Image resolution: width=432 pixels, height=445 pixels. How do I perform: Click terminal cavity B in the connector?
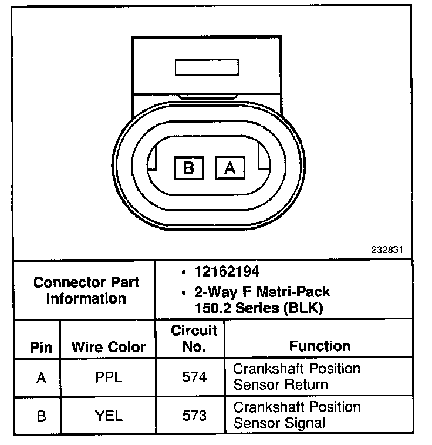[189, 169]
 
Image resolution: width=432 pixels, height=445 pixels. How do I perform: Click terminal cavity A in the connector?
[230, 169]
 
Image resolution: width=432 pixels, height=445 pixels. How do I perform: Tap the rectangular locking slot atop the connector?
[207, 66]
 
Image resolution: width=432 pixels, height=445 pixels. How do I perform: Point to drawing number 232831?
[387, 250]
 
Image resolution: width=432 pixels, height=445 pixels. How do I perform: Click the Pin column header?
[41, 347]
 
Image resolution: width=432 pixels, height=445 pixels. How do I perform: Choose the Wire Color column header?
[108, 347]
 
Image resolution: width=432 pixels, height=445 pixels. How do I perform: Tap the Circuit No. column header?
[194, 338]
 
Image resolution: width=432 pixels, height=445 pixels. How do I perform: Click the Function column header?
[320, 346]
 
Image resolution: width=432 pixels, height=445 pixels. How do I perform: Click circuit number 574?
[194, 377]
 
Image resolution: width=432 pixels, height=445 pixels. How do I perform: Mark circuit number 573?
[194, 416]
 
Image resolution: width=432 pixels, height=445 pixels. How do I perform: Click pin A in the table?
[41, 377]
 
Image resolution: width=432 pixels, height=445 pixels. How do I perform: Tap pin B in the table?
[41, 416]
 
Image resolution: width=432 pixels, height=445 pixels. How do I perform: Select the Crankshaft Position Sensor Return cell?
[296, 377]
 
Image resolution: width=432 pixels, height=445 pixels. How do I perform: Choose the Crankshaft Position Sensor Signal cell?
[296, 414]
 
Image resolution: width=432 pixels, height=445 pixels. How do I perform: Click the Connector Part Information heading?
[86, 290]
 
